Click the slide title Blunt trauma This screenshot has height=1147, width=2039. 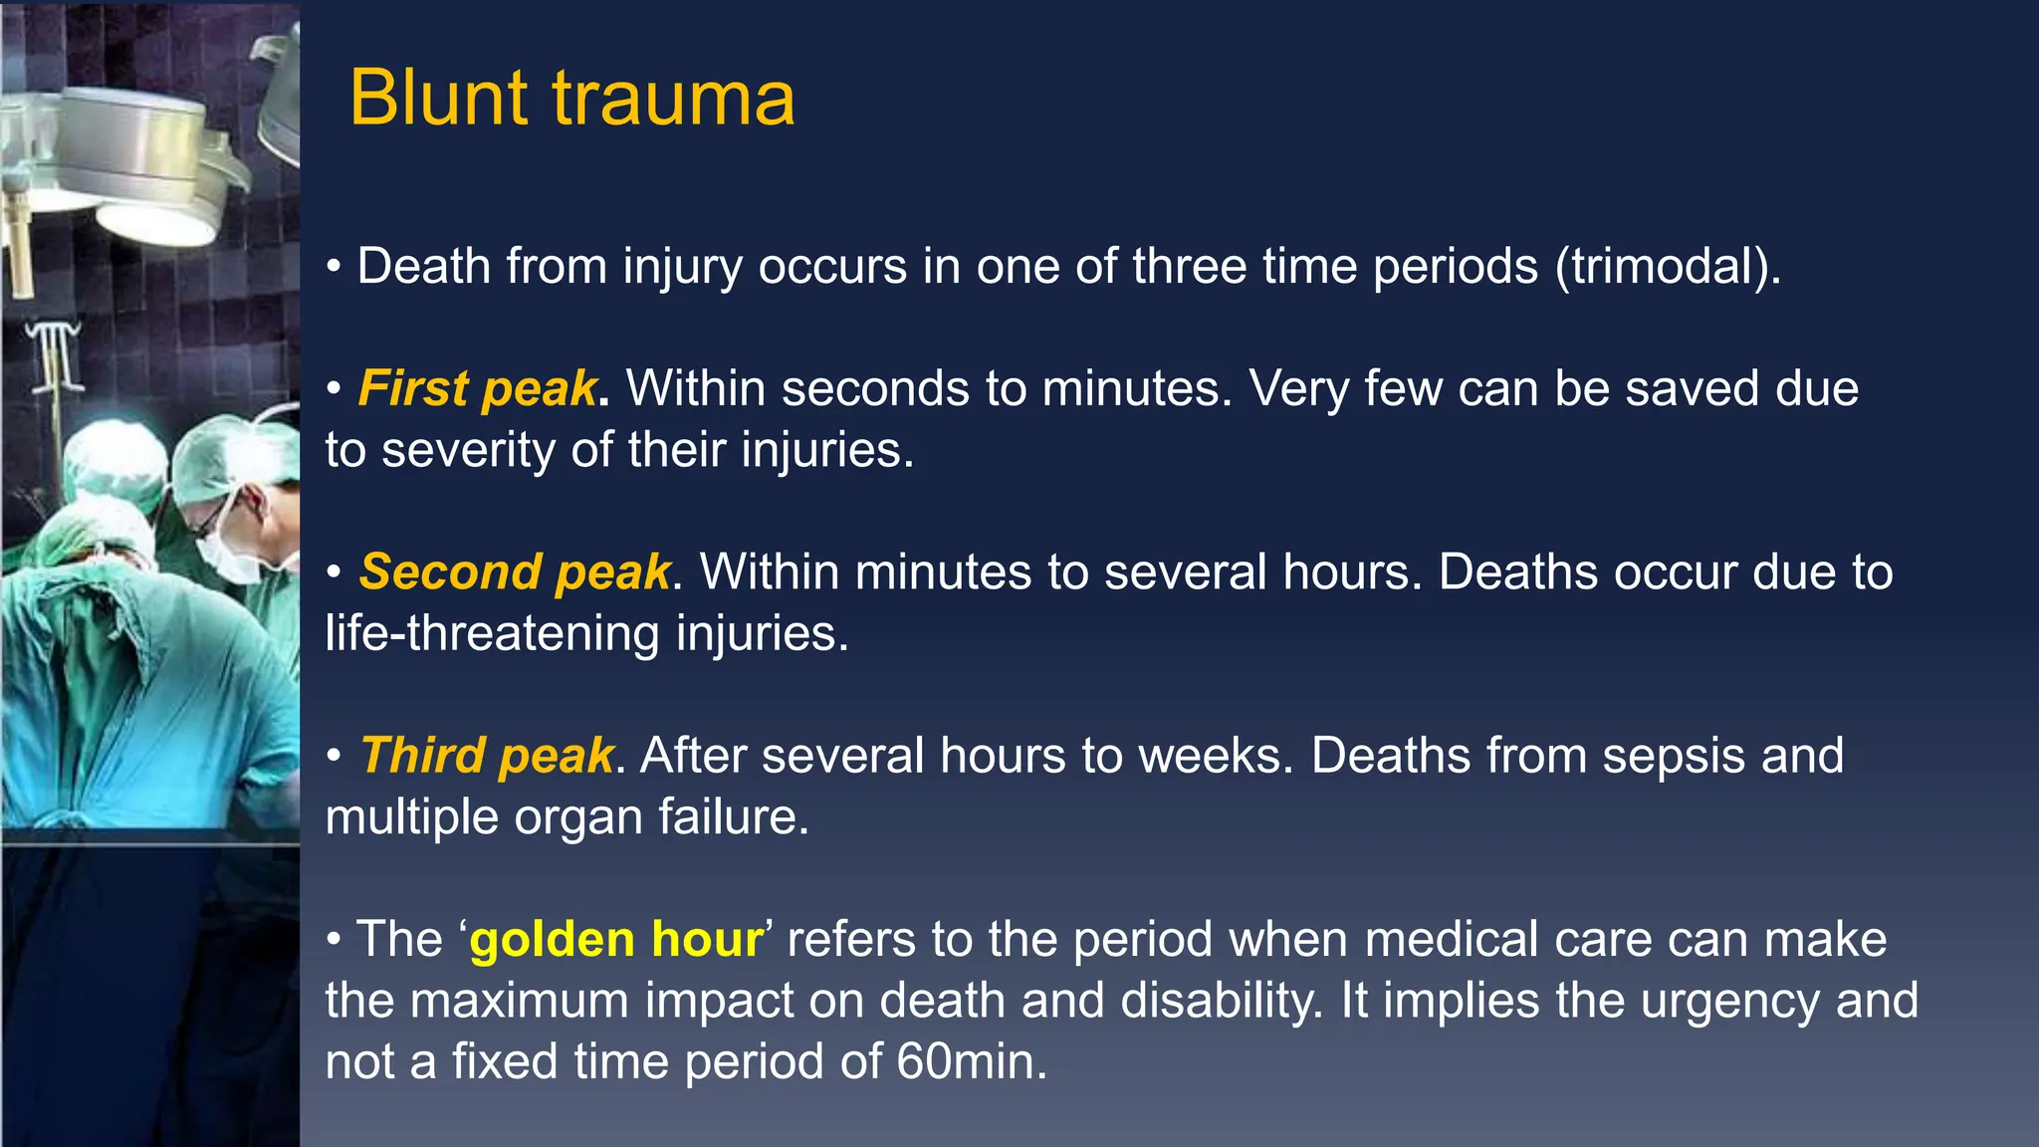(571, 99)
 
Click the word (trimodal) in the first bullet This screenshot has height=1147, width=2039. (1668, 267)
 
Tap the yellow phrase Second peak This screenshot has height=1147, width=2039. (515, 573)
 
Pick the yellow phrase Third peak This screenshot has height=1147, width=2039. (487, 756)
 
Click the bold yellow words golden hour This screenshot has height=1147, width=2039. (616, 940)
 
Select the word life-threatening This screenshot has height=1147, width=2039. (492, 634)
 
